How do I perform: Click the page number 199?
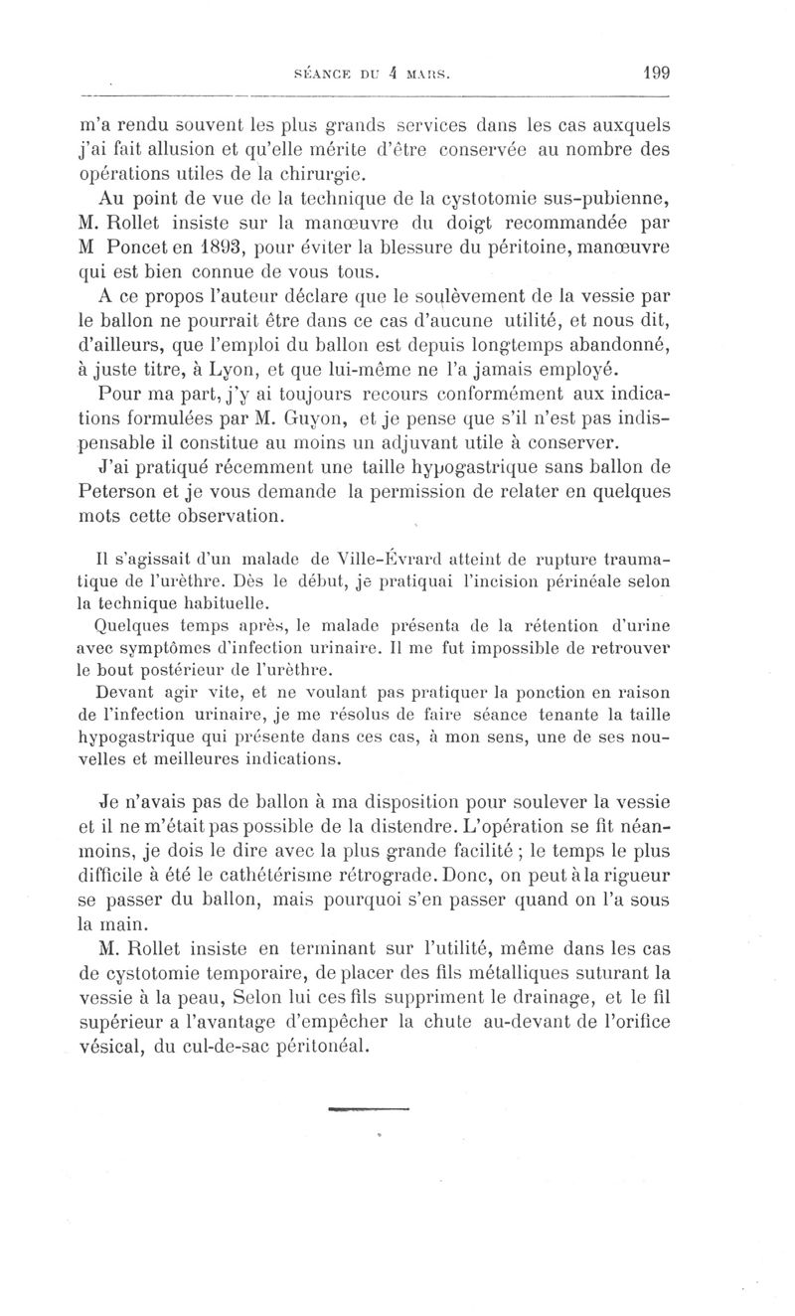656,73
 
